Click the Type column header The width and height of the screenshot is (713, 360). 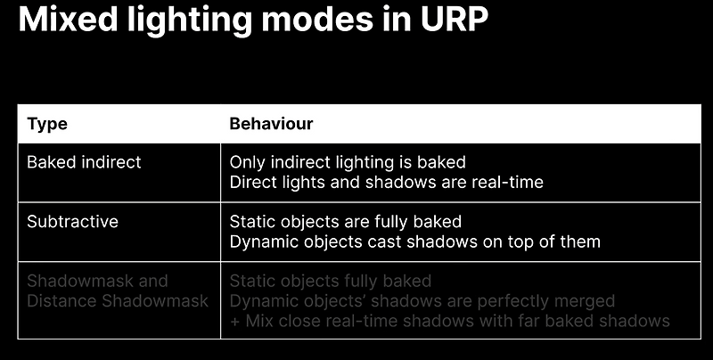(x=47, y=124)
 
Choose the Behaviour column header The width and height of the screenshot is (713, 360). (x=271, y=124)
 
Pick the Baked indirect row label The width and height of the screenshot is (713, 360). (x=84, y=163)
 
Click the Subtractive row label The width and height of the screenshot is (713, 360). (x=73, y=221)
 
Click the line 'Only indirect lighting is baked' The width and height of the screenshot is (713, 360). (x=348, y=163)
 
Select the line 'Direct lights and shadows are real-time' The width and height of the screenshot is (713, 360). (x=386, y=183)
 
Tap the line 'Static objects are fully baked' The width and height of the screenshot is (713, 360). (x=345, y=221)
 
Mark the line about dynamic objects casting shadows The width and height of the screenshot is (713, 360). (x=414, y=241)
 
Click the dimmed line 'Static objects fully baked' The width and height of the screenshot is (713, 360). (x=331, y=281)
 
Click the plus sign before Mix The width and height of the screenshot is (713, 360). (x=234, y=320)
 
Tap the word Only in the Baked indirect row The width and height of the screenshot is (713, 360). (x=246, y=163)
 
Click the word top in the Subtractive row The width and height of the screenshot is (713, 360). (x=520, y=241)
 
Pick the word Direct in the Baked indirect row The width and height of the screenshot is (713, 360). (x=251, y=183)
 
